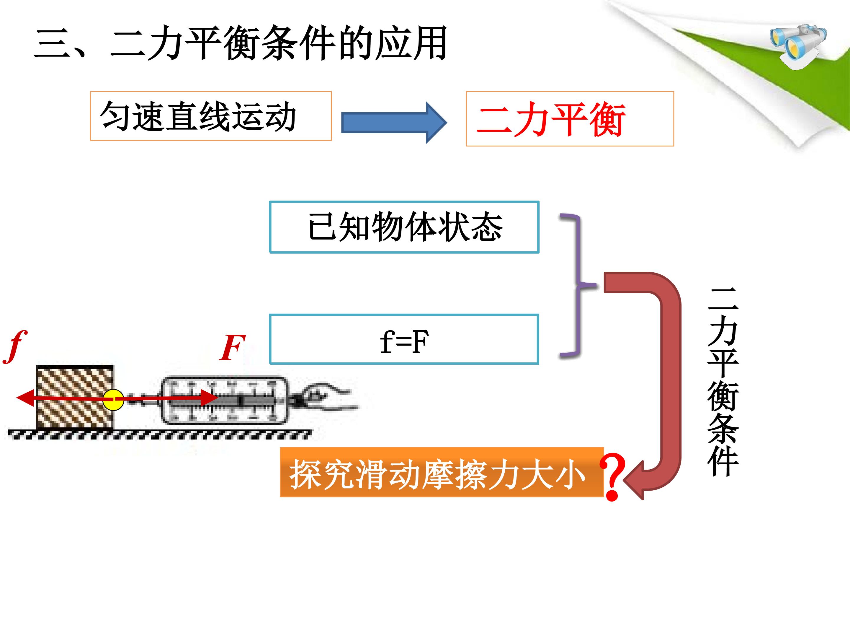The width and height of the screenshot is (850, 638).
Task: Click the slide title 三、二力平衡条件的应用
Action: pyautogui.click(x=241, y=43)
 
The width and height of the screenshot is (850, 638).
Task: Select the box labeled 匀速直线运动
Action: pyautogui.click(x=210, y=116)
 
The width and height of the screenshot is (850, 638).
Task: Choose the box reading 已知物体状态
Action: pyautogui.click(x=404, y=227)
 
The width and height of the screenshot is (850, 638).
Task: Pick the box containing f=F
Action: pyautogui.click(x=404, y=339)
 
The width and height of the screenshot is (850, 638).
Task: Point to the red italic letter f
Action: pyautogui.click(x=15, y=346)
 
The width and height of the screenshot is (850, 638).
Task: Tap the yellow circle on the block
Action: pyautogui.click(x=113, y=400)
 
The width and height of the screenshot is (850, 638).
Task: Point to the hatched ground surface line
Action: pyautogui.click(x=159, y=434)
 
